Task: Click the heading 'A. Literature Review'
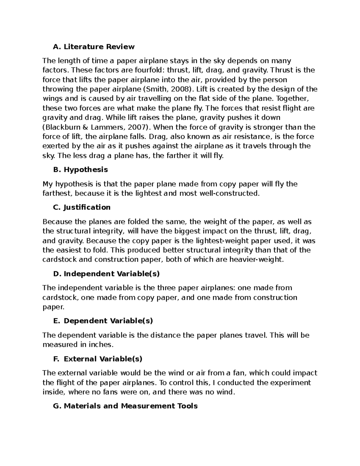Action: (93, 47)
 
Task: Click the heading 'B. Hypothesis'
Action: (80, 170)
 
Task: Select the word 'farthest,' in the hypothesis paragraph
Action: (57, 193)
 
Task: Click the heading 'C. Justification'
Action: (81, 207)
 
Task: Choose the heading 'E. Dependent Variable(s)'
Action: (103, 321)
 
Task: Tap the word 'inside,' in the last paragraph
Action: (54, 392)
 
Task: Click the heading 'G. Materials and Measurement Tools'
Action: (125, 406)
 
